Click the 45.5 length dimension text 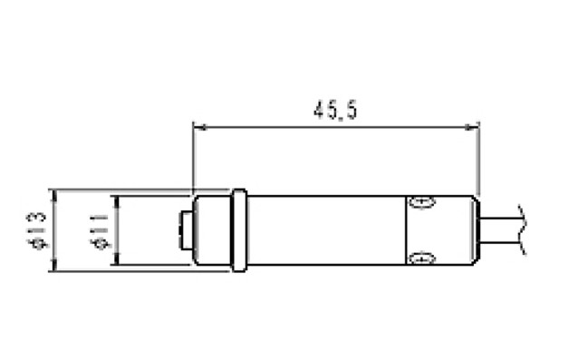[x=335, y=110]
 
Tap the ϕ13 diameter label [x=37, y=231]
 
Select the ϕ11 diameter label [x=99, y=232]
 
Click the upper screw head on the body [x=421, y=202]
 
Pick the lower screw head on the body [x=421, y=258]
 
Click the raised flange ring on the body [x=239, y=230]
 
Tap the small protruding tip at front [x=186, y=230]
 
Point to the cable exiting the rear [x=501, y=230]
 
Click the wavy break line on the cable [x=522, y=230]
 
